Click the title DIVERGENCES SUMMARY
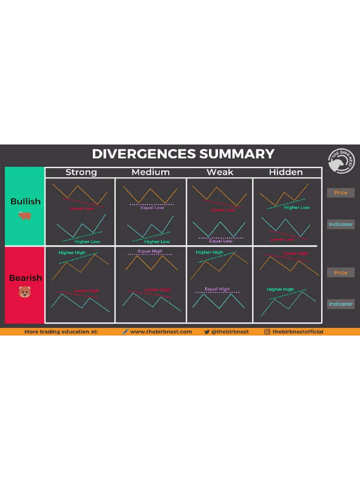[x=183, y=154]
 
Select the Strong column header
[x=81, y=172]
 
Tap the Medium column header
[x=150, y=172]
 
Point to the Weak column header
[x=220, y=172]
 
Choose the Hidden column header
[x=286, y=172]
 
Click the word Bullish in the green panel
[x=25, y=201]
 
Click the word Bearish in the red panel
[x=25, y=277]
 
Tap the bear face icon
[x=24, y=292]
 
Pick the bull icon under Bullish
[x=24, y=216]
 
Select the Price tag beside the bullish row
[x=341, y=193]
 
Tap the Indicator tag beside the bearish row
[x=341, y=304]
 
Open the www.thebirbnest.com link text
[x=161, y=331]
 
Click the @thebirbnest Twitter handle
[x=230, y=331]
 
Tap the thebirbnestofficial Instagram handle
[x=298, y=331]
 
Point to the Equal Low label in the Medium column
[x=152, y=208]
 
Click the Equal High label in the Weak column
[x=217, y=289]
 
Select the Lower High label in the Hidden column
[x=295, y=254]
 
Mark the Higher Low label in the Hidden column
[x=297, y=207]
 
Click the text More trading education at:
[x=61, y=331]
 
